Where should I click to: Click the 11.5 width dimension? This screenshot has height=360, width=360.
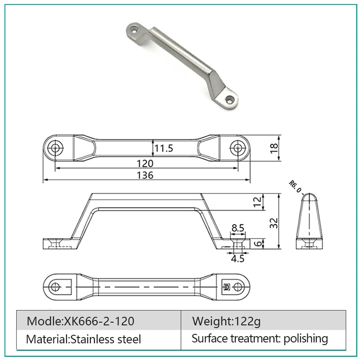pyautogui.click(x=163, y=148)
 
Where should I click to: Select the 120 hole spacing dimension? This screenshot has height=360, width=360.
pyautogui.click(x=145, y=163)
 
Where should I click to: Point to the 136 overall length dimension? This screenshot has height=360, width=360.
pyautogui.click(x=145, y=175)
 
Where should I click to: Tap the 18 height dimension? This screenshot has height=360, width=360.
pyautogui.click(x=274, y=148)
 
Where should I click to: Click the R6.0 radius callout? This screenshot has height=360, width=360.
pyautogui.click(x=295, y=186)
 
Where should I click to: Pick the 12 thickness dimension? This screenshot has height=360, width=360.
pyautogui.click(x=257, y=202)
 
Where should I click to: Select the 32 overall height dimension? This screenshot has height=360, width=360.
pyautogui.click(x=274, y=223)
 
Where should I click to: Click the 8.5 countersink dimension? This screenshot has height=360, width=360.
pyautogui.click(x=238, y=228)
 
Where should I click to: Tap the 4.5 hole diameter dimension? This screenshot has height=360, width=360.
pyautogui.click(x=238, y=259)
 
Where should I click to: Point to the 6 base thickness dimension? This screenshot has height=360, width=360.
pyautogui.click(x=258, y=243)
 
